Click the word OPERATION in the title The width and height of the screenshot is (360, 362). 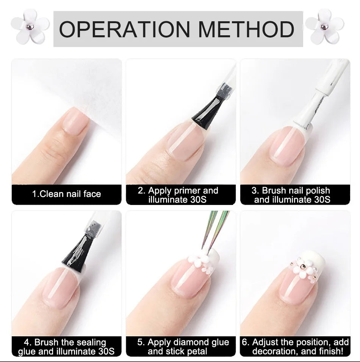124,29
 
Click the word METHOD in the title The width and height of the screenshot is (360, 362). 246,29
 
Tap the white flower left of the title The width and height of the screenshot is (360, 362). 30,26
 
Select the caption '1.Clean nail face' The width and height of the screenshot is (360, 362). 66,194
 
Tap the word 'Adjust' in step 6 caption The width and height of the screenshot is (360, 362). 265,342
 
